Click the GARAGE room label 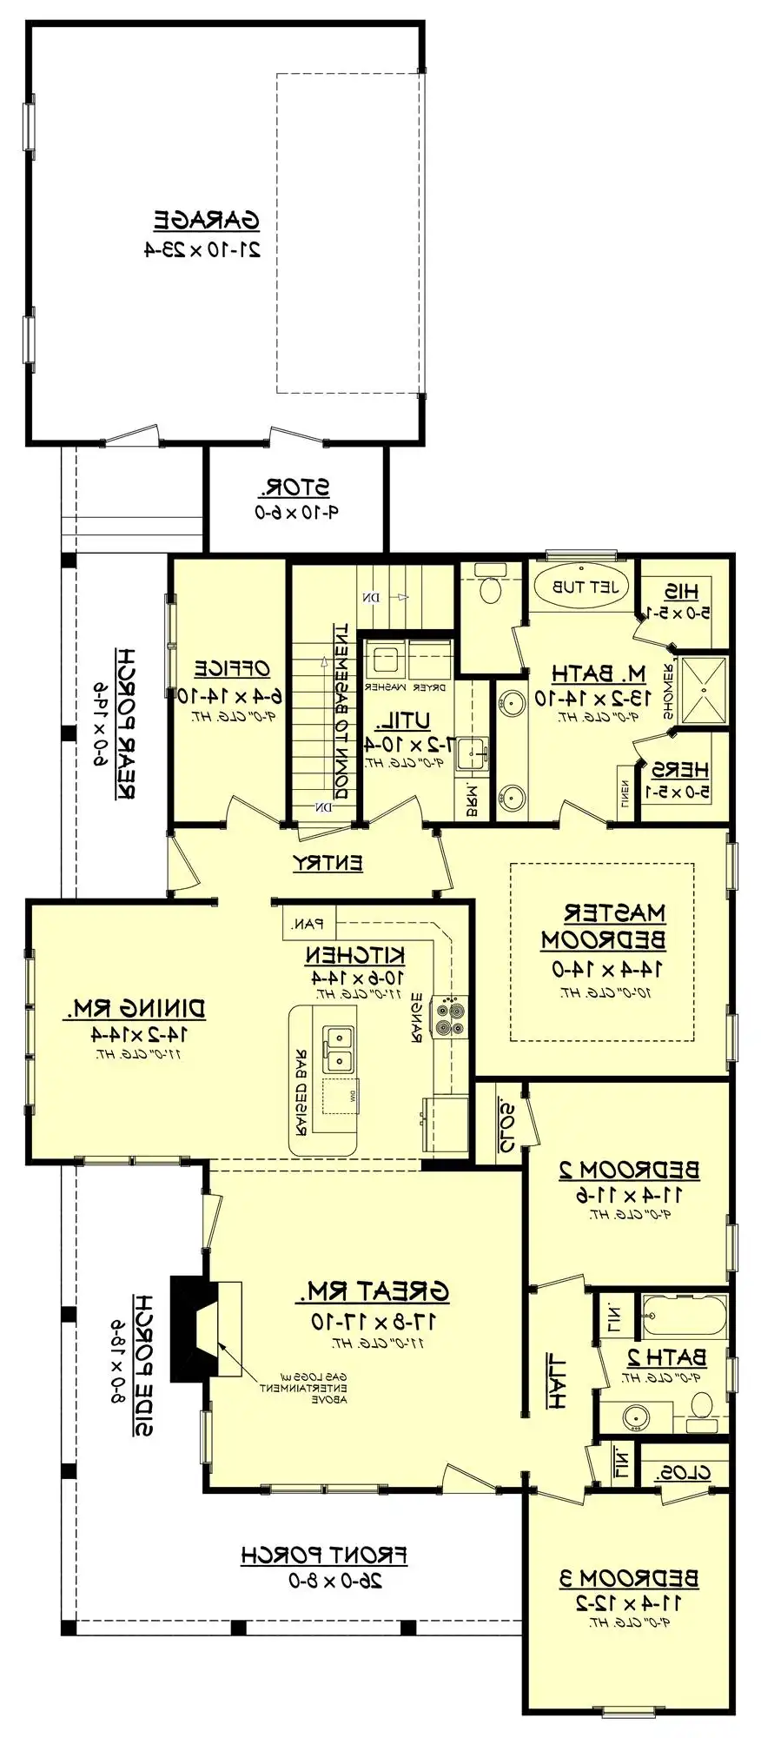[206, 221]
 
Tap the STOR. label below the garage [297, 488]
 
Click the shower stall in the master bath [704, 691]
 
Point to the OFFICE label [231, 669]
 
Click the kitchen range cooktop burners [451, 1018]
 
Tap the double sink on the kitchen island [338, 1050]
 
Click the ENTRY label [328, 863]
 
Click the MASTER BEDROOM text [604, 926]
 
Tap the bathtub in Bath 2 [684, 1316]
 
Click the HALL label [556, 1380]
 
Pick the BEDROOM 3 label [629, 1578]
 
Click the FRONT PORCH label [323, 1555]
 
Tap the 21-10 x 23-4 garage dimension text [202, 250]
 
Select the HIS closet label [681, 592]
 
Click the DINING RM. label [135, 1009]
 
